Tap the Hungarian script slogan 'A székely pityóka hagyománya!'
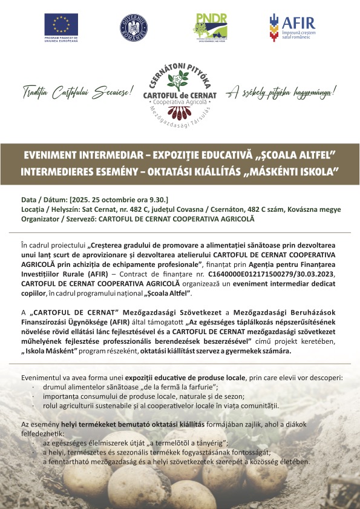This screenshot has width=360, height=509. pyautogui.click(x=281, y=93)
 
